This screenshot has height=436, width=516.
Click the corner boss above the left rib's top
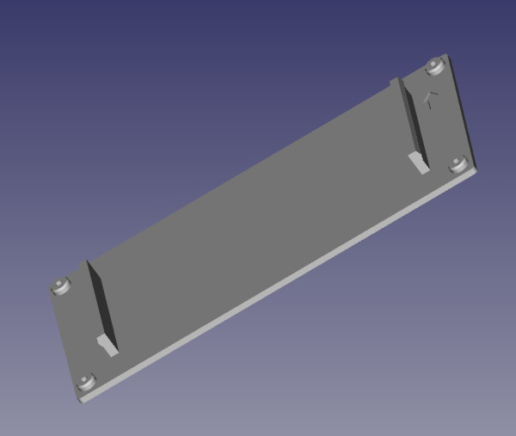[61, 285]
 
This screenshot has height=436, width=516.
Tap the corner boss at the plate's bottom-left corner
[85, 382]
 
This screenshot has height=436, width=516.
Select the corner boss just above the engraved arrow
[436, 66]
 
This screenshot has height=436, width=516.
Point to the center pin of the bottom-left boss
[85, 380]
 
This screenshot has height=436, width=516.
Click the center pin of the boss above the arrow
[436, 64]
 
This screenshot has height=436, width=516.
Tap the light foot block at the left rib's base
[107, 346]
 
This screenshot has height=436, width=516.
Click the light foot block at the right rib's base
[419, 164]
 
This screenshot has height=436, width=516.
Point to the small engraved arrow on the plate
[431, 98]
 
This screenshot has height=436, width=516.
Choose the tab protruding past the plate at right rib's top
[396, 83]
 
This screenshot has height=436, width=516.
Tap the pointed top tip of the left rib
[88, 262]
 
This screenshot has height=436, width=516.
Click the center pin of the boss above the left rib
[61, 283]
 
